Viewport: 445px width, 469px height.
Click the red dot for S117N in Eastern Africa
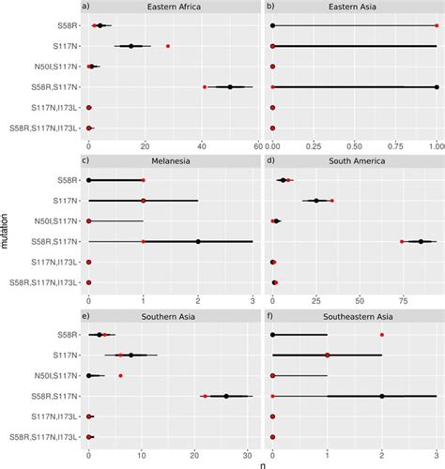click(168, 45)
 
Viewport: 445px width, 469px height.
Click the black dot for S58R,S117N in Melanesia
click(198, 241)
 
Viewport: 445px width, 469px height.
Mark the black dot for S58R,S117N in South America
click(421, 241)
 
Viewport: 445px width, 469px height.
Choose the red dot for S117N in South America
click(332, 200)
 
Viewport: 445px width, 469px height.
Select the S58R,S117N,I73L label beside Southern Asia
click(43, 437)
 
